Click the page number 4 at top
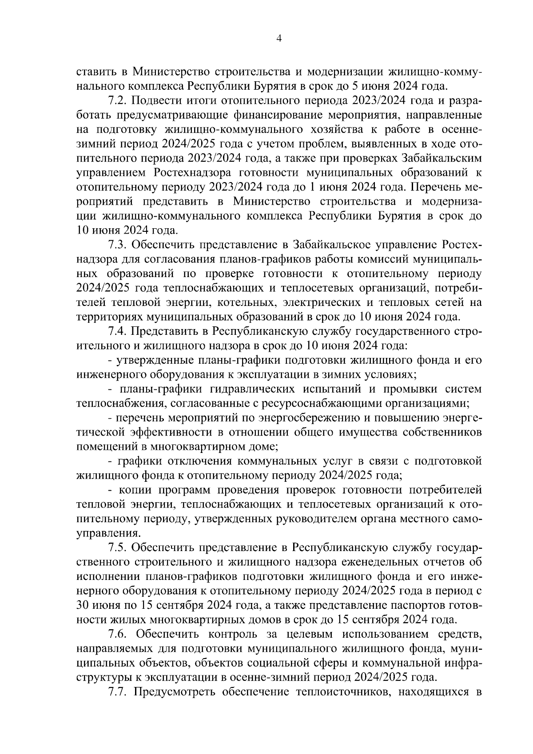(x=279, y=38)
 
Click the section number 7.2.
(x=118, y=100)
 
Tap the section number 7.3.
(x=118, y=245)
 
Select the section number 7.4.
(x=118, y=331)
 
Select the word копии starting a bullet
(x=136, y=490)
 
